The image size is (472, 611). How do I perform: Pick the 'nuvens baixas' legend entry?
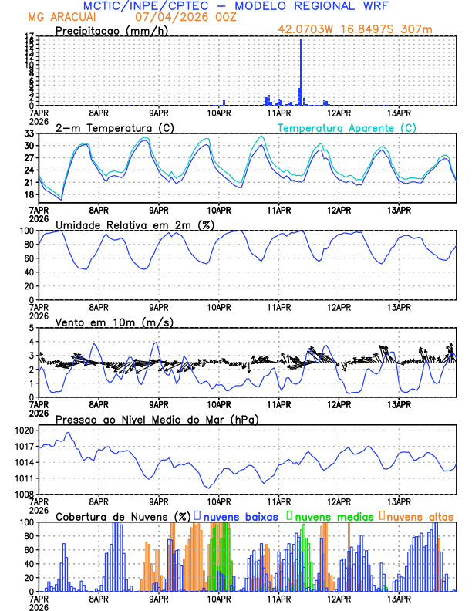239,516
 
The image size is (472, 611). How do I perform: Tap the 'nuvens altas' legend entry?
419,516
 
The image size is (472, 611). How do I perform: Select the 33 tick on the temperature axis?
30,133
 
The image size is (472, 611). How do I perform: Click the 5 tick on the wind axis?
32,328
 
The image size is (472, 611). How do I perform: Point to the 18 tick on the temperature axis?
30,194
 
